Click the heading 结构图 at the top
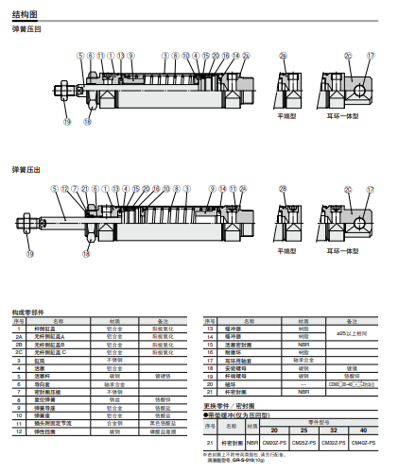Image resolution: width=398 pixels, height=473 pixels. pos(26,14)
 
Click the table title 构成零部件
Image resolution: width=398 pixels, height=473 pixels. pos(27,310)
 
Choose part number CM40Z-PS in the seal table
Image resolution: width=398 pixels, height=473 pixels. pos(363,442)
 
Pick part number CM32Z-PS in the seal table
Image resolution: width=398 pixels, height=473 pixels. pos(333,442)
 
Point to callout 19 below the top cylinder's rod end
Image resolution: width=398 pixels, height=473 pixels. pos(66,122)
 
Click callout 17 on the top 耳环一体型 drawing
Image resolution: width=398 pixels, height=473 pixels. pos(371,56)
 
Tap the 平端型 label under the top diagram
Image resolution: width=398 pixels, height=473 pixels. pos(286,115)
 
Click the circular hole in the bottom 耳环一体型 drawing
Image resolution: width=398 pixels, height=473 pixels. pos(359,225)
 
